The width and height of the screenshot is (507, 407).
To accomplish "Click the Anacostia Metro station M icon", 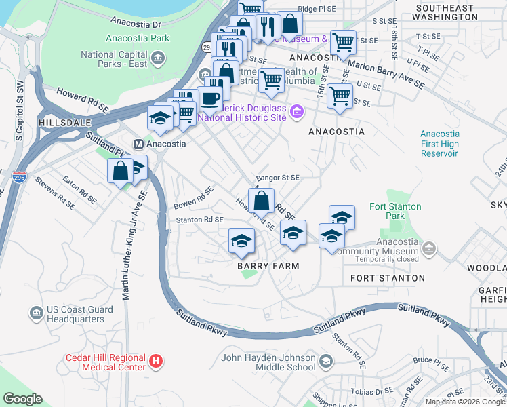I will [x=138, y=144].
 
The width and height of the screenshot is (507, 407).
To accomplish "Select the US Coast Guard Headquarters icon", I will [x=37, y=313].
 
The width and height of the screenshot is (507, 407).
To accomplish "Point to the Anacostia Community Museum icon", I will [x=428, y=250].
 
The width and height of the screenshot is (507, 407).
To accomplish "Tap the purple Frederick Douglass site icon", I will [x=296, y=111].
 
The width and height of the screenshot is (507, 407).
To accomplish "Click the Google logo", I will [x=22, y=399].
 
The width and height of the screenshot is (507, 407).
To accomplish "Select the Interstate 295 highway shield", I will [x=18, y=178].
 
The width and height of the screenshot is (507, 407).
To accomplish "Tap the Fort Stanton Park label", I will [x=394, y=211].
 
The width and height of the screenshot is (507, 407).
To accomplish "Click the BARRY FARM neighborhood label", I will [x=268, y=266].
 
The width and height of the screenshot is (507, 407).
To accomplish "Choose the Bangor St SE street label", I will [x=278, y=178].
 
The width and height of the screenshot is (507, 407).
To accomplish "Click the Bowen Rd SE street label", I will [x=194, y=196].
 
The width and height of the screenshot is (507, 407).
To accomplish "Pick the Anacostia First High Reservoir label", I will [x=439, y=144].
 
